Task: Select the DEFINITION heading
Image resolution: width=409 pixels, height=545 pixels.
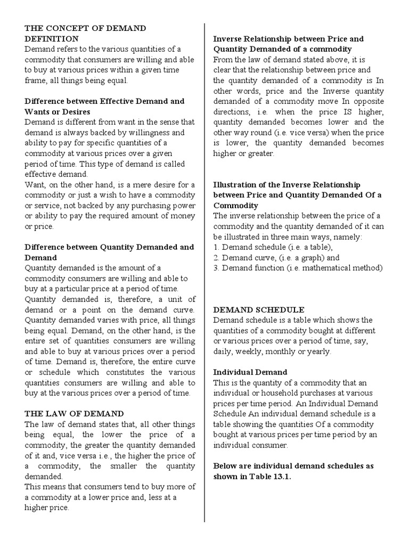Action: [52, 39]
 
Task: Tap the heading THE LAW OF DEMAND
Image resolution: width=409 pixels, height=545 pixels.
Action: [74, 413]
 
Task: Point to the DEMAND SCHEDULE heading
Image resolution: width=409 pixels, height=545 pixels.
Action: [259, 309]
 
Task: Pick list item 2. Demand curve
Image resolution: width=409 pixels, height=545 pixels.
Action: [276, 258]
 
